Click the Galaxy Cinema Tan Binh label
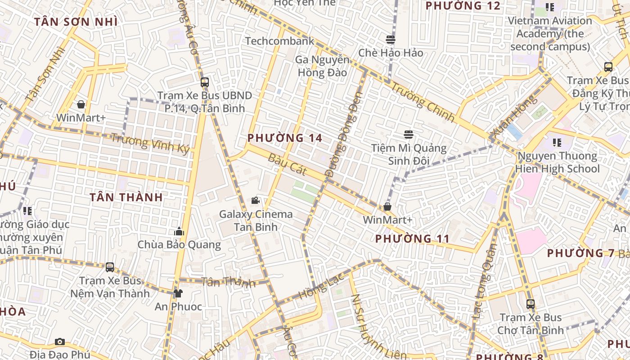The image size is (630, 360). (x=256, y=220)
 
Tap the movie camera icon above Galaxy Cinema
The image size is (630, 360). (x=256, y=200)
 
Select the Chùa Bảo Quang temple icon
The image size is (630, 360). (x=179, y=232)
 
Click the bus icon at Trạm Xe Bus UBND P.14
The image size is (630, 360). (x=205, y=82)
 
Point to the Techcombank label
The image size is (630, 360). (x=279, y=41)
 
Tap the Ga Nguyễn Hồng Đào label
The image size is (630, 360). (x=322, y=66)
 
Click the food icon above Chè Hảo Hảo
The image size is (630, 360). (x=391, y=40)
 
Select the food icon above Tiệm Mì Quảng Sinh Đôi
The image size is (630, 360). (x=409, y=135)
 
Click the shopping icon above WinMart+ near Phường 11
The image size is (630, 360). (x=387, y=207)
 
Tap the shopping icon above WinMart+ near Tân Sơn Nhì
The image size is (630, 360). (x=81, y=105)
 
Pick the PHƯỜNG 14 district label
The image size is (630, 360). (x=285, y=138)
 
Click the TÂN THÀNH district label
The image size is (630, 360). (x=126, y=197)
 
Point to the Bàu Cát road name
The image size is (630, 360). (x=287, y=165)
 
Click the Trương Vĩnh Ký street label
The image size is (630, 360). (x=150, y=144)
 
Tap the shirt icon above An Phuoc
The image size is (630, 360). (x=178, y=293)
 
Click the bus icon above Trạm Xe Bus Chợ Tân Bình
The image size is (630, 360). (x=531, y=304)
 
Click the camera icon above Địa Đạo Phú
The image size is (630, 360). (x=60, y=342)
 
